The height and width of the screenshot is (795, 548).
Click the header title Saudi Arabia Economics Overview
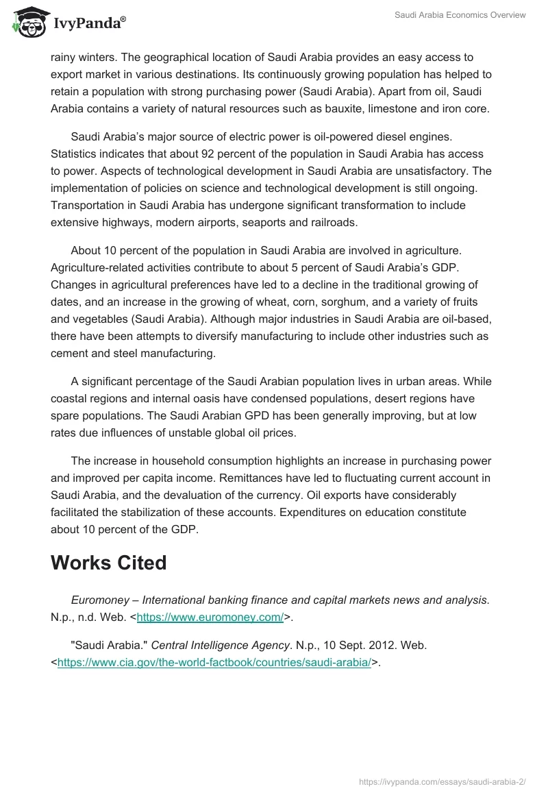coord(460,15)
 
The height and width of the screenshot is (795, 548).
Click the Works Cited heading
coord(108,563)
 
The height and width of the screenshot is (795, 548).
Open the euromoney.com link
coord(210,617)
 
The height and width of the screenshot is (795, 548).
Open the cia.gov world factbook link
coord(214,663)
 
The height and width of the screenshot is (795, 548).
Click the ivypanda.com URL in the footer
coord(443,781)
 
